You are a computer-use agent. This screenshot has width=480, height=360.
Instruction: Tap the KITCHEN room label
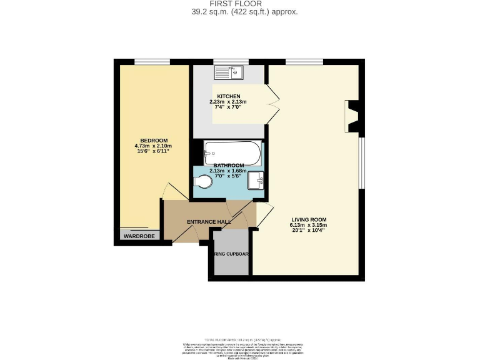click(x=228, y=96)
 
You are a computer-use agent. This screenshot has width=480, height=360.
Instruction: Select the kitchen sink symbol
click(x=229, y=72)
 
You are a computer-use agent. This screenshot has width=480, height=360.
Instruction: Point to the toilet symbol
click(x=204, y=182)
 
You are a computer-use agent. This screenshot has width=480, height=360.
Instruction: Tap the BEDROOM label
click(x=153, y=140)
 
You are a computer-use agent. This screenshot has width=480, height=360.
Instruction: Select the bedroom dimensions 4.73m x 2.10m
click(x=153, y=146)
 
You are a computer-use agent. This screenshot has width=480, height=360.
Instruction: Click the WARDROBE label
click(x=139, y=236)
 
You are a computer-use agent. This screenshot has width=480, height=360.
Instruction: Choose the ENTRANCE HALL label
click(x=209, y=222)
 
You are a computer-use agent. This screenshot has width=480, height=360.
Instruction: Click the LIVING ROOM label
click(x=309, y=219)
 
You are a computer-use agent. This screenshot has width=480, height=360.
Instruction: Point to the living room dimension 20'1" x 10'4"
click(x=309, y=231)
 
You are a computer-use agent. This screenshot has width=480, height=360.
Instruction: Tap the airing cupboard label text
click(x=232, y=254)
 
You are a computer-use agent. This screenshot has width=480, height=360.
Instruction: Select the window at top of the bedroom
click(x=152, y=61)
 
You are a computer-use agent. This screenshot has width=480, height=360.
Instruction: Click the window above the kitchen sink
click(x=229, y=61)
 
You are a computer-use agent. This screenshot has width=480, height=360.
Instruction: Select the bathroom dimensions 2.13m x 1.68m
click(x=227, y=171)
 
